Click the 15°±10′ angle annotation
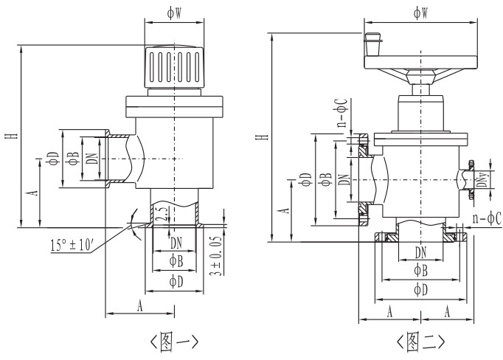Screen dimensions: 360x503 point(71,243)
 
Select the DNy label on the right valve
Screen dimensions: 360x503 point(480,182)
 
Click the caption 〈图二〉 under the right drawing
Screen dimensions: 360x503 point(420,341)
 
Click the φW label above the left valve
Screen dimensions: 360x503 point(174,13)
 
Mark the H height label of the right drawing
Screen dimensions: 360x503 point(260,136)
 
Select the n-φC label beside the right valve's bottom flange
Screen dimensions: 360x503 point(487,218)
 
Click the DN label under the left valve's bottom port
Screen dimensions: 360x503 point(175,243)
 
